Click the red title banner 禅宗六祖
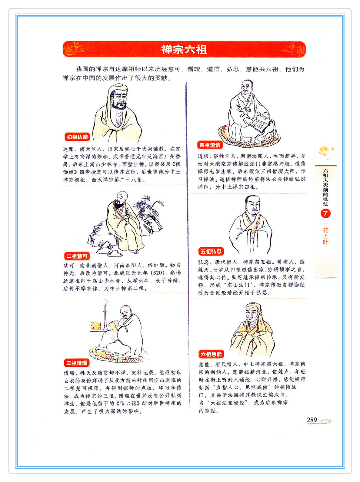tap(184, 49)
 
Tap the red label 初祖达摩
tap(77, 137)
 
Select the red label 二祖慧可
tap(77, 256)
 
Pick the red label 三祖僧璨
tap(77, 363)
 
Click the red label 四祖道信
tap(210, 145)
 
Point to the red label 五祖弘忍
tap(211, 251)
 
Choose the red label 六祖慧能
tap(211, 354)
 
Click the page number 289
tap(312, 420)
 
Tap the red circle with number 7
tap(325, 213)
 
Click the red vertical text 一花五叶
tap(325, 234)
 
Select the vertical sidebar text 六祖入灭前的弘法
tap(325, 187)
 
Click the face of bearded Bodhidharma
tap(119, 99)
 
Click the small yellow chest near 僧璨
tap(95, 326)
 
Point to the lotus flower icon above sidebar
tap(326, 151)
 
